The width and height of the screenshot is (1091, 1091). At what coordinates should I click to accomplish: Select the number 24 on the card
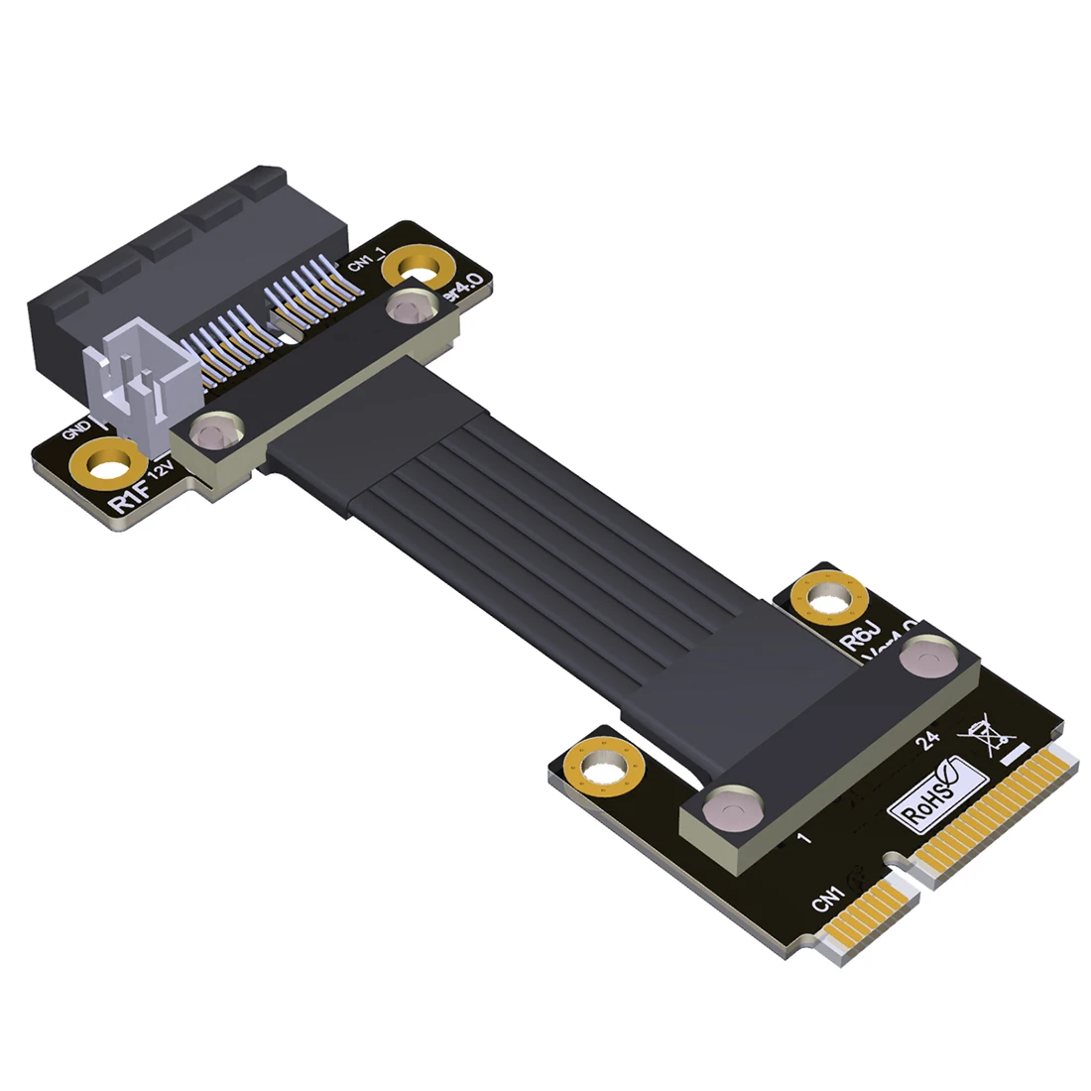(x=928, y=741)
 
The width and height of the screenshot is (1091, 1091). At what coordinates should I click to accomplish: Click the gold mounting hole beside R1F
(x=105, y=466)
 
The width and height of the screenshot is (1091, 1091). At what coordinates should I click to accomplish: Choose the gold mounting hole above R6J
(x=830, y=599)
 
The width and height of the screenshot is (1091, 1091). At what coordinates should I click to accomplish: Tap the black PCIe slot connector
(x=188, y=268)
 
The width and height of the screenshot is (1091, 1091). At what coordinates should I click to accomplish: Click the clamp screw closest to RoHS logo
(x=731, y=806)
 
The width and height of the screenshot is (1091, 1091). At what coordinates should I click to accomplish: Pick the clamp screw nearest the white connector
(x=211, y=432)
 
